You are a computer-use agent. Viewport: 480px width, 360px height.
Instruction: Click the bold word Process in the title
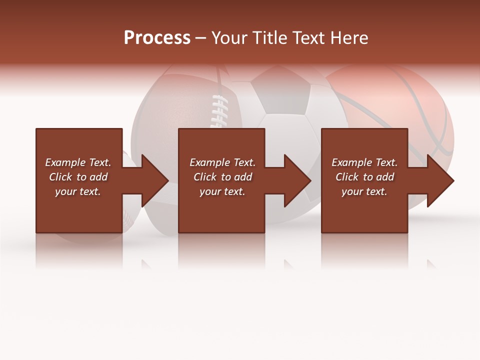coord(157,38)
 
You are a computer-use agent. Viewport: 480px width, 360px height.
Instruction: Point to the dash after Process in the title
coord(201,38)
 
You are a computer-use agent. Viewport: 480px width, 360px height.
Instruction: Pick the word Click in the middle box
coord(205,177)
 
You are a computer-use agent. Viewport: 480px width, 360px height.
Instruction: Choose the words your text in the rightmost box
coord(364,191)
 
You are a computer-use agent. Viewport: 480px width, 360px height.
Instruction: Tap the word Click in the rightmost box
coord(347,177)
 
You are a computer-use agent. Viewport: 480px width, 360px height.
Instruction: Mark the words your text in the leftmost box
coord(78,191)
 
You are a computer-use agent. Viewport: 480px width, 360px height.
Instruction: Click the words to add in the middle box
coord(236,177)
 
